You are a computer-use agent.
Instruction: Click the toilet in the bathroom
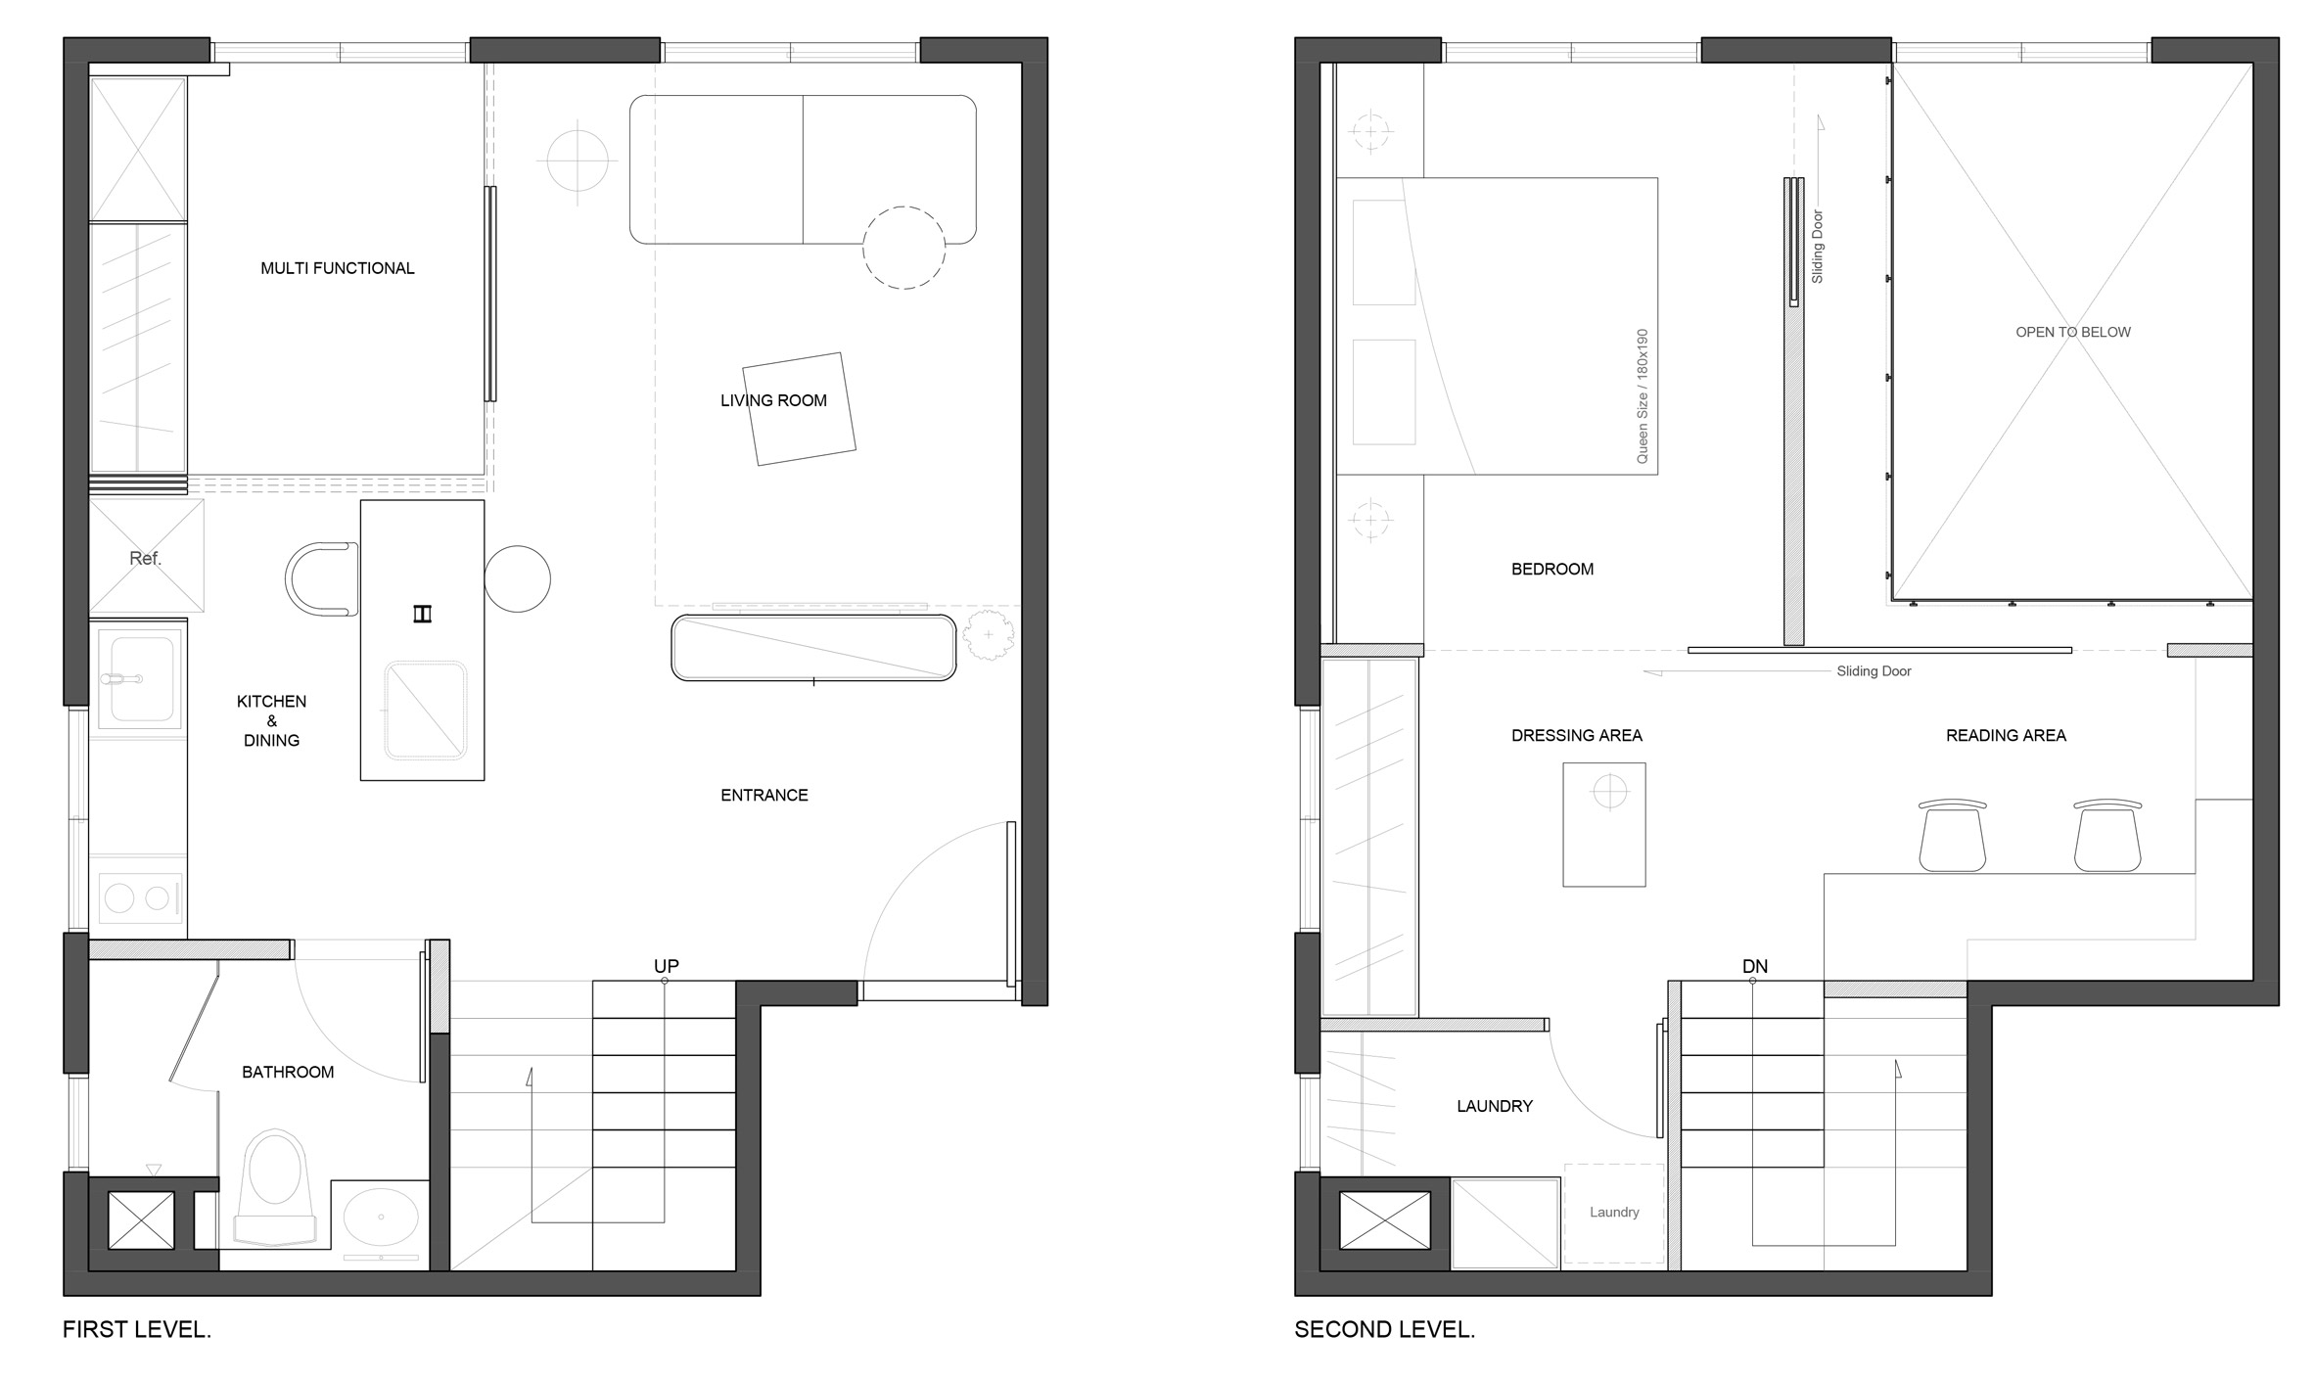point(275,1188)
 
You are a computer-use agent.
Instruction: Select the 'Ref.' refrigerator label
point(145,558)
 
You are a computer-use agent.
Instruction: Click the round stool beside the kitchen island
point(517,578)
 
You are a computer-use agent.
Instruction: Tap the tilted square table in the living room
point(799,408)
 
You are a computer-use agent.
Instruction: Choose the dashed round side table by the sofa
point(903,248)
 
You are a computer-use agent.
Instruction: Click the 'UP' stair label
point(667,966)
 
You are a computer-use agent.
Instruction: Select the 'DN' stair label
point(1755,966)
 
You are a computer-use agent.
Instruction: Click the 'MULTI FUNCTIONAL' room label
point(338,268)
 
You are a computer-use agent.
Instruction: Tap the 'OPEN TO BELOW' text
point(2073,332)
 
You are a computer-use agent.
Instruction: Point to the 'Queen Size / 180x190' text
point(1643,396)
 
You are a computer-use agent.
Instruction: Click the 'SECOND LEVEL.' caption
point(1384,1329)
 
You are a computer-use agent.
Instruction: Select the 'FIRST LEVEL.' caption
point(137,1329)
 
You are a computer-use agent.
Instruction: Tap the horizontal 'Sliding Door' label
point(1874,671)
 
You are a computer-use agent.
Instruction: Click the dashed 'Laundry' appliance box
point(1614,1213)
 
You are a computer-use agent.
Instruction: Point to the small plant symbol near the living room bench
point(989,634)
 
